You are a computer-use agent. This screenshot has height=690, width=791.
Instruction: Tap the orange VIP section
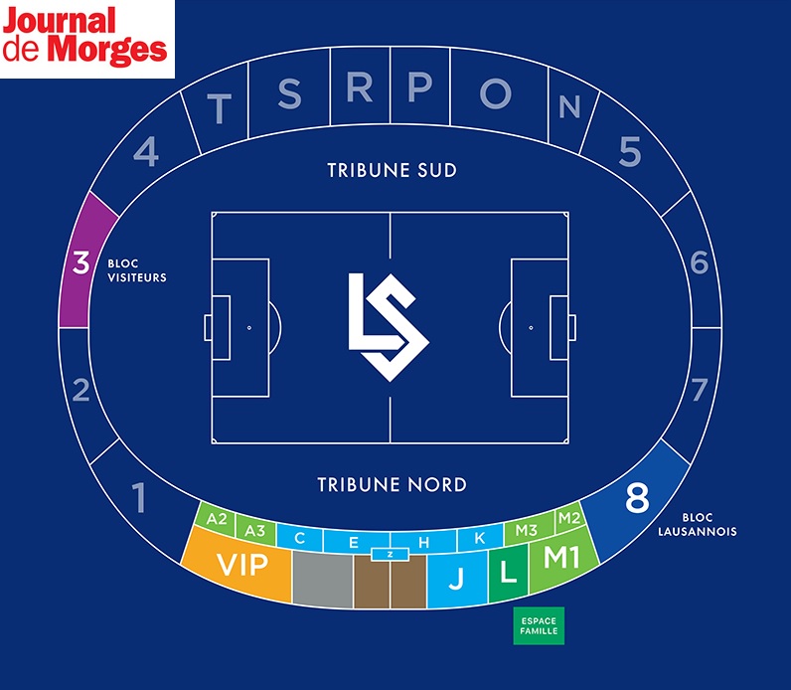(242, 566)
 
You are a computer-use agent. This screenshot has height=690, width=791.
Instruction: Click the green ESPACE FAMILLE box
(539, 625)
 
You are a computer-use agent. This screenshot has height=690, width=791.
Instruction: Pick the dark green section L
(508, 574)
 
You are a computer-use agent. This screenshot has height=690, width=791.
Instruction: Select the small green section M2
(568, 518)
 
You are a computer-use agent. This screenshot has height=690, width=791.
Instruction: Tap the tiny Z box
(391, 554)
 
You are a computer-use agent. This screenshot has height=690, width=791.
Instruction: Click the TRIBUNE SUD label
(392, 170)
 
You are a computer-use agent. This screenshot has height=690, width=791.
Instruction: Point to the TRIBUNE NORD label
(392, 485)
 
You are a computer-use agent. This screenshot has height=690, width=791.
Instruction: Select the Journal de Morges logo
(86, 39)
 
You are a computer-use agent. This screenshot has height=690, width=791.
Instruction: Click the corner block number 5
(630, 151)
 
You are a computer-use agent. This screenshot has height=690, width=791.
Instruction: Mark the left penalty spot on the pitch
(248, 327)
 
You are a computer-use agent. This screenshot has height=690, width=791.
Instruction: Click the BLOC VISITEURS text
(136, 270)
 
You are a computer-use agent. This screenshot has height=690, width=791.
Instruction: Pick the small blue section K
(480, 538)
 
